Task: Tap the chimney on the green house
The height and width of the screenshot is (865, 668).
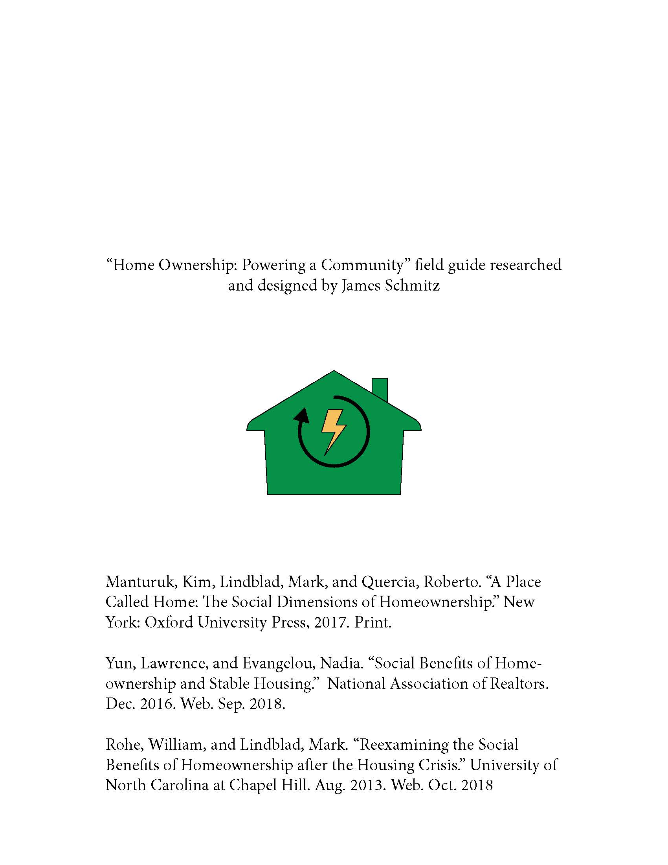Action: point(380,388)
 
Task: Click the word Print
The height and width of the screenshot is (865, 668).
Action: point(373,623)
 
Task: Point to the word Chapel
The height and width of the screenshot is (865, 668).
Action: point(253,786)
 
